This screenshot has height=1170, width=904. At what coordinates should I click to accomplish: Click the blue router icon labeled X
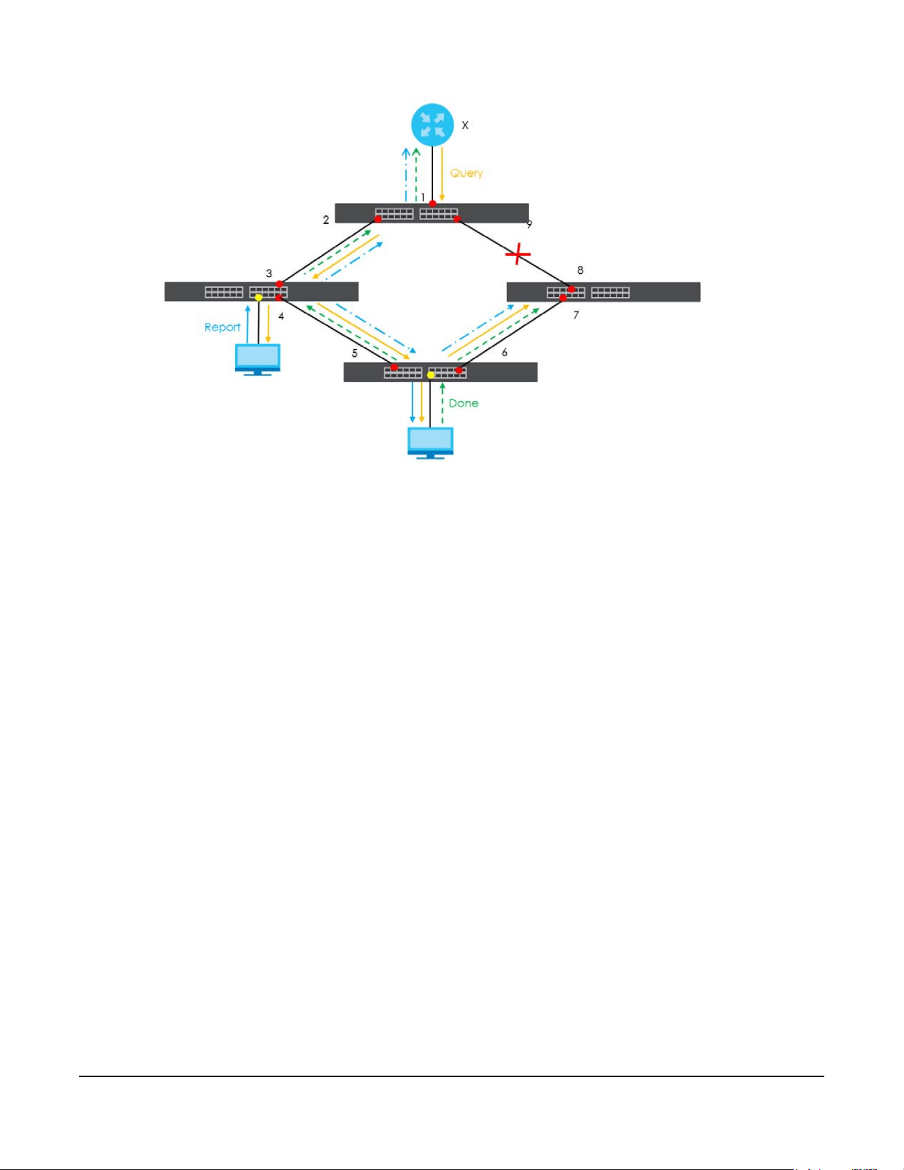click(x=432, y=124)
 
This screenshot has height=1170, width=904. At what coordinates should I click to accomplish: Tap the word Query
click(x=466, y=173)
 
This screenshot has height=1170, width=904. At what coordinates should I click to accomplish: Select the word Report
click(x=222, y=327)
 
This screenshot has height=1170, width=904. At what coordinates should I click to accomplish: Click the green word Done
click(x=464, y=403)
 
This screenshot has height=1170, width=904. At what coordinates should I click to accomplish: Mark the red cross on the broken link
click(x=518, y=254)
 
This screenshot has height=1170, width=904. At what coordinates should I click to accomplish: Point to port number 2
click(x=326, y=220)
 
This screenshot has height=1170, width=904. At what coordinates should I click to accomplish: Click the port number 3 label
click(x=269, y=273)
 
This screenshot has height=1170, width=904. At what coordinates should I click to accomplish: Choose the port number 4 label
click(x=281, y=316)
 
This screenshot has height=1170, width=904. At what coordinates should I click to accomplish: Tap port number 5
click(x=355, y=353)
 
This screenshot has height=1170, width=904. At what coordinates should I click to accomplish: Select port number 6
click(x=505, y=353)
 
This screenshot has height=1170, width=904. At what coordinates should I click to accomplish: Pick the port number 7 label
click(x=576, y=315)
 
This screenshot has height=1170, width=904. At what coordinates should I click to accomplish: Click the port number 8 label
click(x=581, y=270)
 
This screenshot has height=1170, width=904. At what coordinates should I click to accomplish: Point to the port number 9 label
click(x=529, y=225)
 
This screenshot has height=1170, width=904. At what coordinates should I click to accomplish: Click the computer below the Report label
click(x=258, y=359)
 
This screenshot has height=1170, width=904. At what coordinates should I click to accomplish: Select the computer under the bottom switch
click(x=430, y=443)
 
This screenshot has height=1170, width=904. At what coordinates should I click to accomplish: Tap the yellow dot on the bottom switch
click(x=430, y=375)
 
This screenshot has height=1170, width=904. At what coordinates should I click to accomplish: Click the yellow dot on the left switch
click(x=258, y=298)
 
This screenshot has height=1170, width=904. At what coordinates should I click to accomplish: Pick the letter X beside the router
click(x=465, y=125)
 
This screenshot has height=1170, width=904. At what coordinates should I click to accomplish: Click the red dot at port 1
click(x=432, y=203)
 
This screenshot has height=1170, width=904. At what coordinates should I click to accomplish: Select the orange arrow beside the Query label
click(x=442, y=174)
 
